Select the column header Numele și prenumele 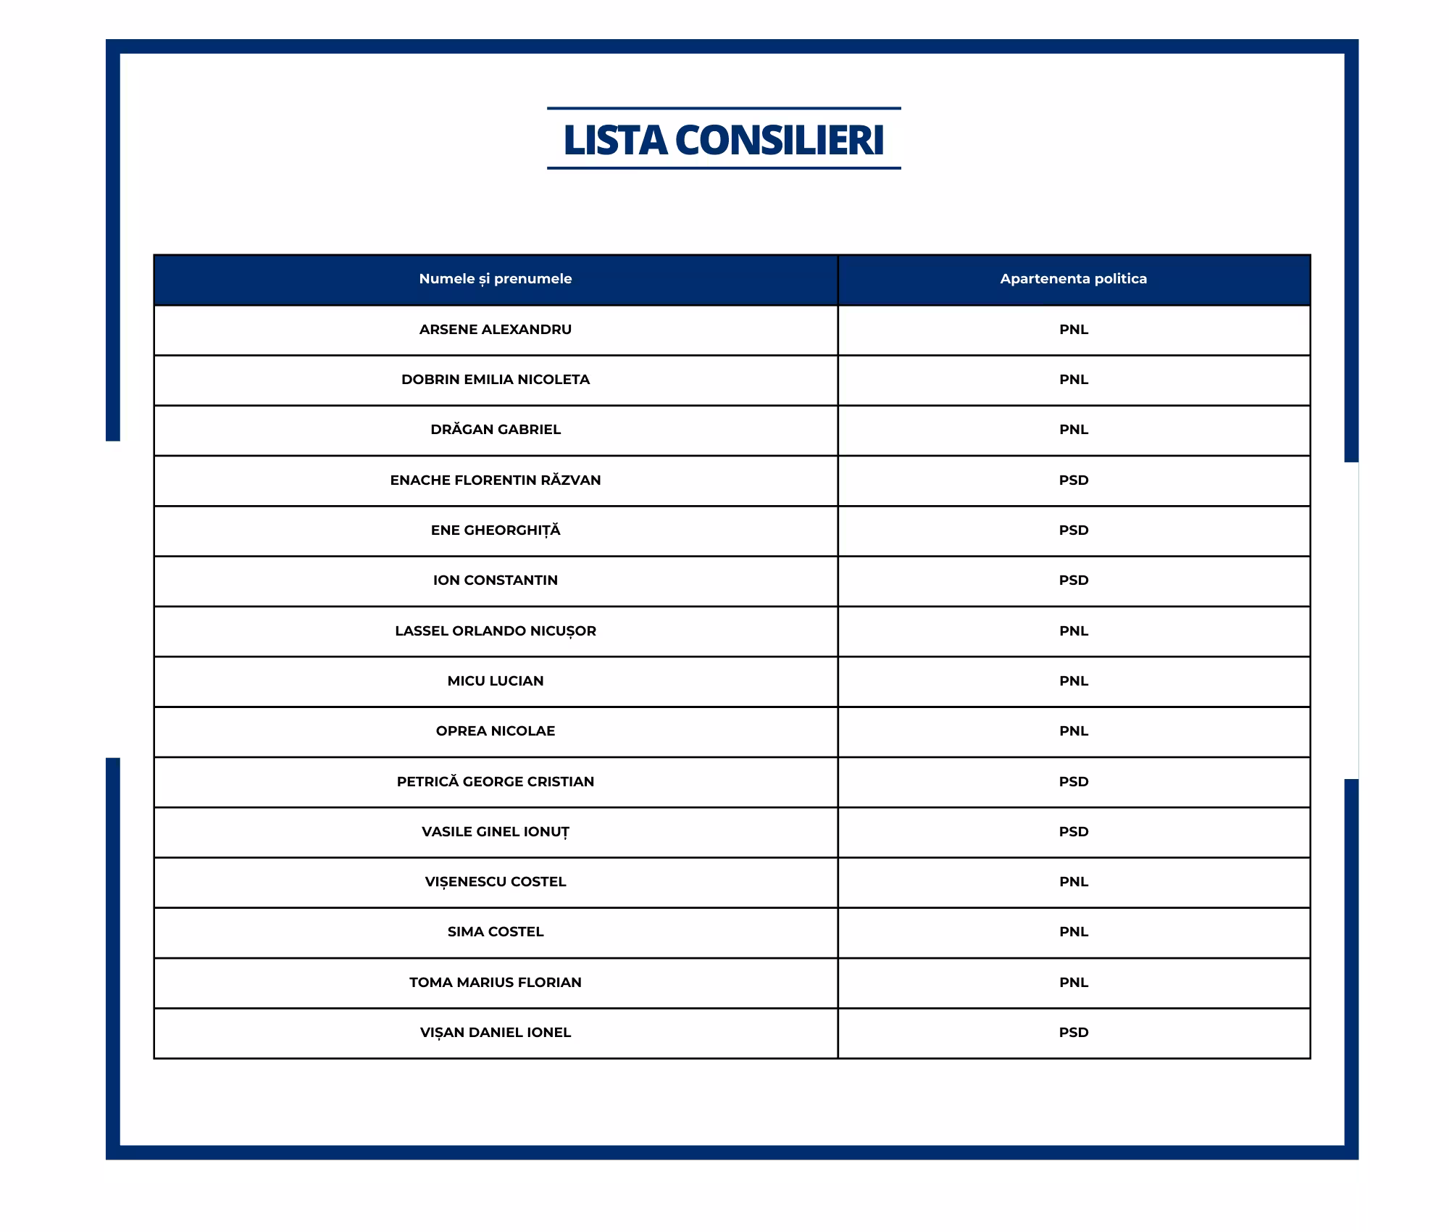pos(495,279)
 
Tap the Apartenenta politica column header pos(1073,279)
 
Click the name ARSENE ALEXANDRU pos(495,330)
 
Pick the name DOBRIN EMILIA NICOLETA pos(495,380)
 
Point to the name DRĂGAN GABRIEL pos(495,430)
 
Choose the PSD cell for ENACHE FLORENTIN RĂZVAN pos(1073,480)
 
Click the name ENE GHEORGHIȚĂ pos(495,530)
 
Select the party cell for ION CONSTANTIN pos(1073,580)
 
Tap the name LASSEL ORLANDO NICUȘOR pos(495,631)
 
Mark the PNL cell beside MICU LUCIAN pos(1073,681)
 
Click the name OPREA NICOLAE pos(495,731)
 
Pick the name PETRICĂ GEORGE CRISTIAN pos(495,782)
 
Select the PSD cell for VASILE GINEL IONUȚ pos(1073,832)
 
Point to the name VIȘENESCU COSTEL pos(495,882)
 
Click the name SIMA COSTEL pos(495,932)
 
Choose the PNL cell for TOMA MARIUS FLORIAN pos(1073,983)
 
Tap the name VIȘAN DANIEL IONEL pos(495,1033)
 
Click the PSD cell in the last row pos(1073,1033)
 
